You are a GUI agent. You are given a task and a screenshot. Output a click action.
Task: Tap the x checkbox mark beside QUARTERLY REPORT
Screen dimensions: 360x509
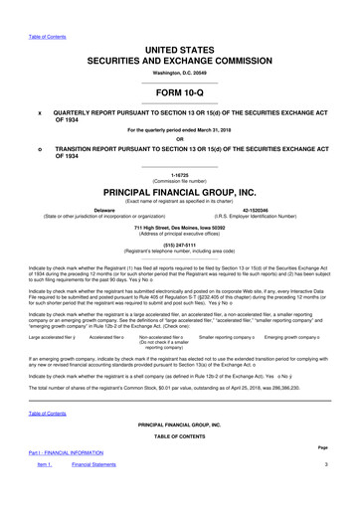point(39,112)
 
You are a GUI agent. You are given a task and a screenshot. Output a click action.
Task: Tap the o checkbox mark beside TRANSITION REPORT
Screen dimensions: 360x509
point(39,149)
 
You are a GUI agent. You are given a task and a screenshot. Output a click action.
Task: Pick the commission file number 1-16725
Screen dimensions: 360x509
point(180,175)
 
